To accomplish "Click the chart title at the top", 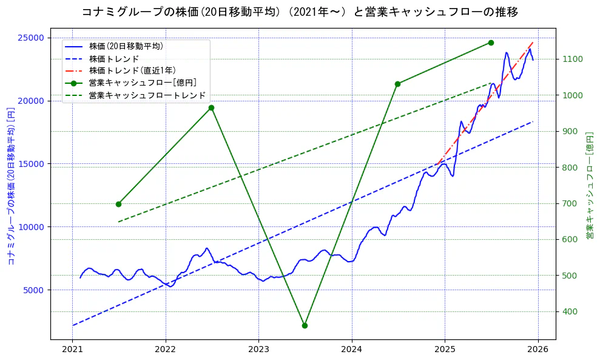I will click(x=300, y=12).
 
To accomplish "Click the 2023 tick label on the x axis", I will click(x=258, y=350).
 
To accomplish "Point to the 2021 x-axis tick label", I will click(x=72, y=350).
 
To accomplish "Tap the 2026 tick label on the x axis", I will click(x=538, y=350).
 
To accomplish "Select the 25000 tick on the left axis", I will click(x=31, y=38).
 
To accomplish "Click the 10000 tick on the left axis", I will click(x=31, y=227).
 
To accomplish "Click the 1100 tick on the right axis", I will click(x=572, y=59).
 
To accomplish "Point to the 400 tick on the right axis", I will click(x=570, y=311).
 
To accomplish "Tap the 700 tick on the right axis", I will click(x=570, y=203).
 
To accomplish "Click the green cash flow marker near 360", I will click(x=305, y=325).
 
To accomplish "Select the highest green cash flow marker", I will click(x=491, y=42).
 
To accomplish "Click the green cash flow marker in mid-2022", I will click(x=211, y=108).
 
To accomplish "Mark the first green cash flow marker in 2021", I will click(x=118, y=204).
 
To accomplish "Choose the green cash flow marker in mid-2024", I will click(x=397, y=84).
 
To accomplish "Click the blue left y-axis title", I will click(x=10, y=186).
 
